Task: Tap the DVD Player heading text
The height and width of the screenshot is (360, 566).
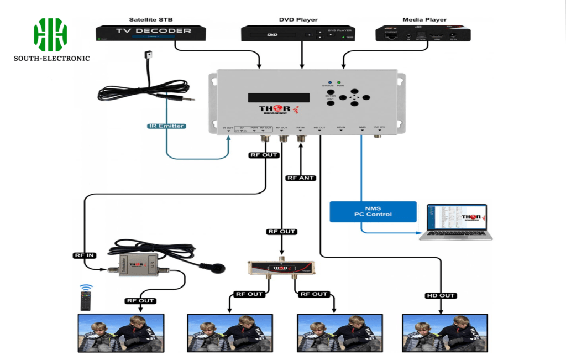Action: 298,20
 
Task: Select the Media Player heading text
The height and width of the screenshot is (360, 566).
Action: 423,20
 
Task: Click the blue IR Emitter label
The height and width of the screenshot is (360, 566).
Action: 166,126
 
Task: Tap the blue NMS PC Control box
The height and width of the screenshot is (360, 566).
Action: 373,211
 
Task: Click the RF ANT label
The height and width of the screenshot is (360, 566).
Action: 301,178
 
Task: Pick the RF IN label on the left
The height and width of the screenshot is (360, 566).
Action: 84,255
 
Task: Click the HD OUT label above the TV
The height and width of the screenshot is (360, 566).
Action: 441,295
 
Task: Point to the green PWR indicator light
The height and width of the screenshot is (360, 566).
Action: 339,82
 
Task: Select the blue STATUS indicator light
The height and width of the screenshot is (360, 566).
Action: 329,82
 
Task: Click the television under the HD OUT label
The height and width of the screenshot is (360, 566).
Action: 444,333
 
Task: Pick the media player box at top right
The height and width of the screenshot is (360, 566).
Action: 423,34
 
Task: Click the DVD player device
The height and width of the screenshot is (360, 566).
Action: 298,34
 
